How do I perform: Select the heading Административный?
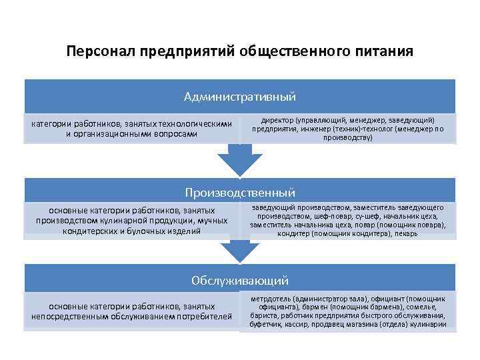click(x=239, y=97)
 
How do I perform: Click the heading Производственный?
click(x=239, y=193)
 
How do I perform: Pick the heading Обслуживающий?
click(x=239, y=281)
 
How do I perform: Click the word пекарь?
click(x=406, y=233)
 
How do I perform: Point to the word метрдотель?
click(x=273, y=299)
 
